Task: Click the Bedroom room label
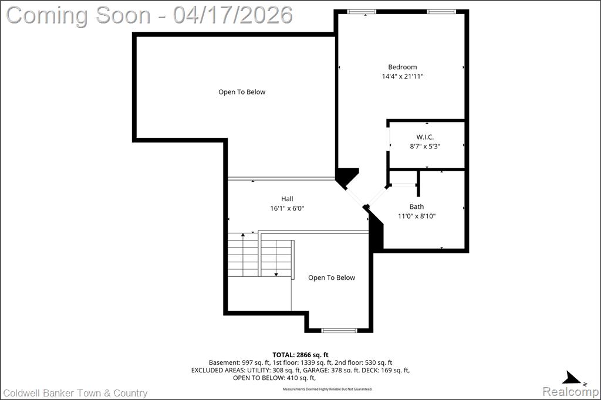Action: coord(403,67)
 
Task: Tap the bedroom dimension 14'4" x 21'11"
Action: coord(403,76)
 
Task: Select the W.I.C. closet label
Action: coord(425,137)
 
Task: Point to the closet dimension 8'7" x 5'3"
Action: coord(425,146)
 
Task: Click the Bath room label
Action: coord(417,206)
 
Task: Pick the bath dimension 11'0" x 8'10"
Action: coord(417,216)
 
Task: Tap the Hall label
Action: coord(287,199)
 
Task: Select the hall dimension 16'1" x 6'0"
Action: coord(287,208)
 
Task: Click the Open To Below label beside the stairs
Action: coord(332,278)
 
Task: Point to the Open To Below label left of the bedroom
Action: coord(242,92)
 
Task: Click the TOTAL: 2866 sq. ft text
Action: coord(300,355)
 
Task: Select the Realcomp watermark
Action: coord(570,392)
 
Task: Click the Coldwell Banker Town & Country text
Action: coord(75,393)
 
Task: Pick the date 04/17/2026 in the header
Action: coord(232,15)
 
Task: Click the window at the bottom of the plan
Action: coord(339,330)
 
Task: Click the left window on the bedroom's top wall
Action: coord(362,12)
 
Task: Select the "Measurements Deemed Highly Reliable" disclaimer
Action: coord(327,389)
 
